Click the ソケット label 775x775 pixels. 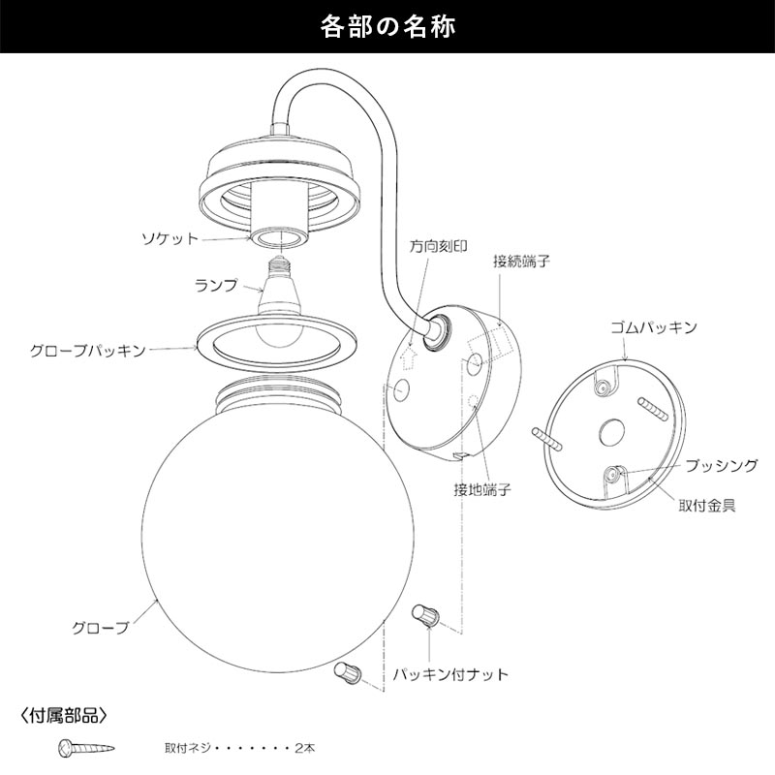point(169,237)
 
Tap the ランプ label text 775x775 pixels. point(216,285)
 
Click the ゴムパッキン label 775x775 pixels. point(655,328)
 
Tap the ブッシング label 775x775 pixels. point(721,466)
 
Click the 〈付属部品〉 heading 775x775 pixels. point(64,717)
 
